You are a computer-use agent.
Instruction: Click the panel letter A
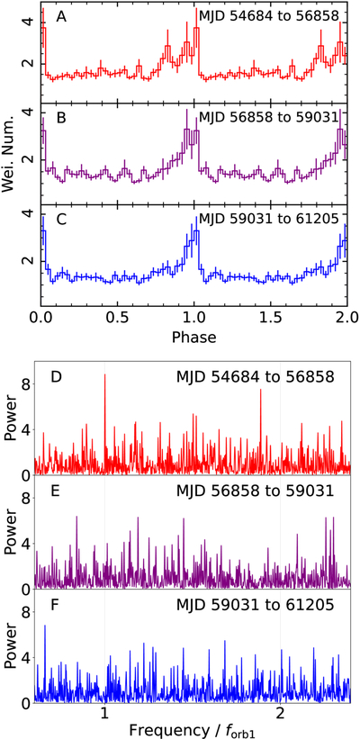click(61, 16)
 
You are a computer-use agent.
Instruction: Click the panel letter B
click(61, 118)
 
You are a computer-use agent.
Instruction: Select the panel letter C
click(61, 220)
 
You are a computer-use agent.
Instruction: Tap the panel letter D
click(57, 377)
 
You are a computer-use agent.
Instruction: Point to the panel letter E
click(56, 491)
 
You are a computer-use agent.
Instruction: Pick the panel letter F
click(56, 605)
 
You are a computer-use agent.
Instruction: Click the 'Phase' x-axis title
click(194, 337)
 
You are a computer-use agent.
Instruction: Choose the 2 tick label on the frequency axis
click(281, 712)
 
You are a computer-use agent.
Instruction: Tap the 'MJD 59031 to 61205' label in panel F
click(255, 605)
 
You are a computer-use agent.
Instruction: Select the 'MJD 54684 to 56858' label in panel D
click(255, 377)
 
